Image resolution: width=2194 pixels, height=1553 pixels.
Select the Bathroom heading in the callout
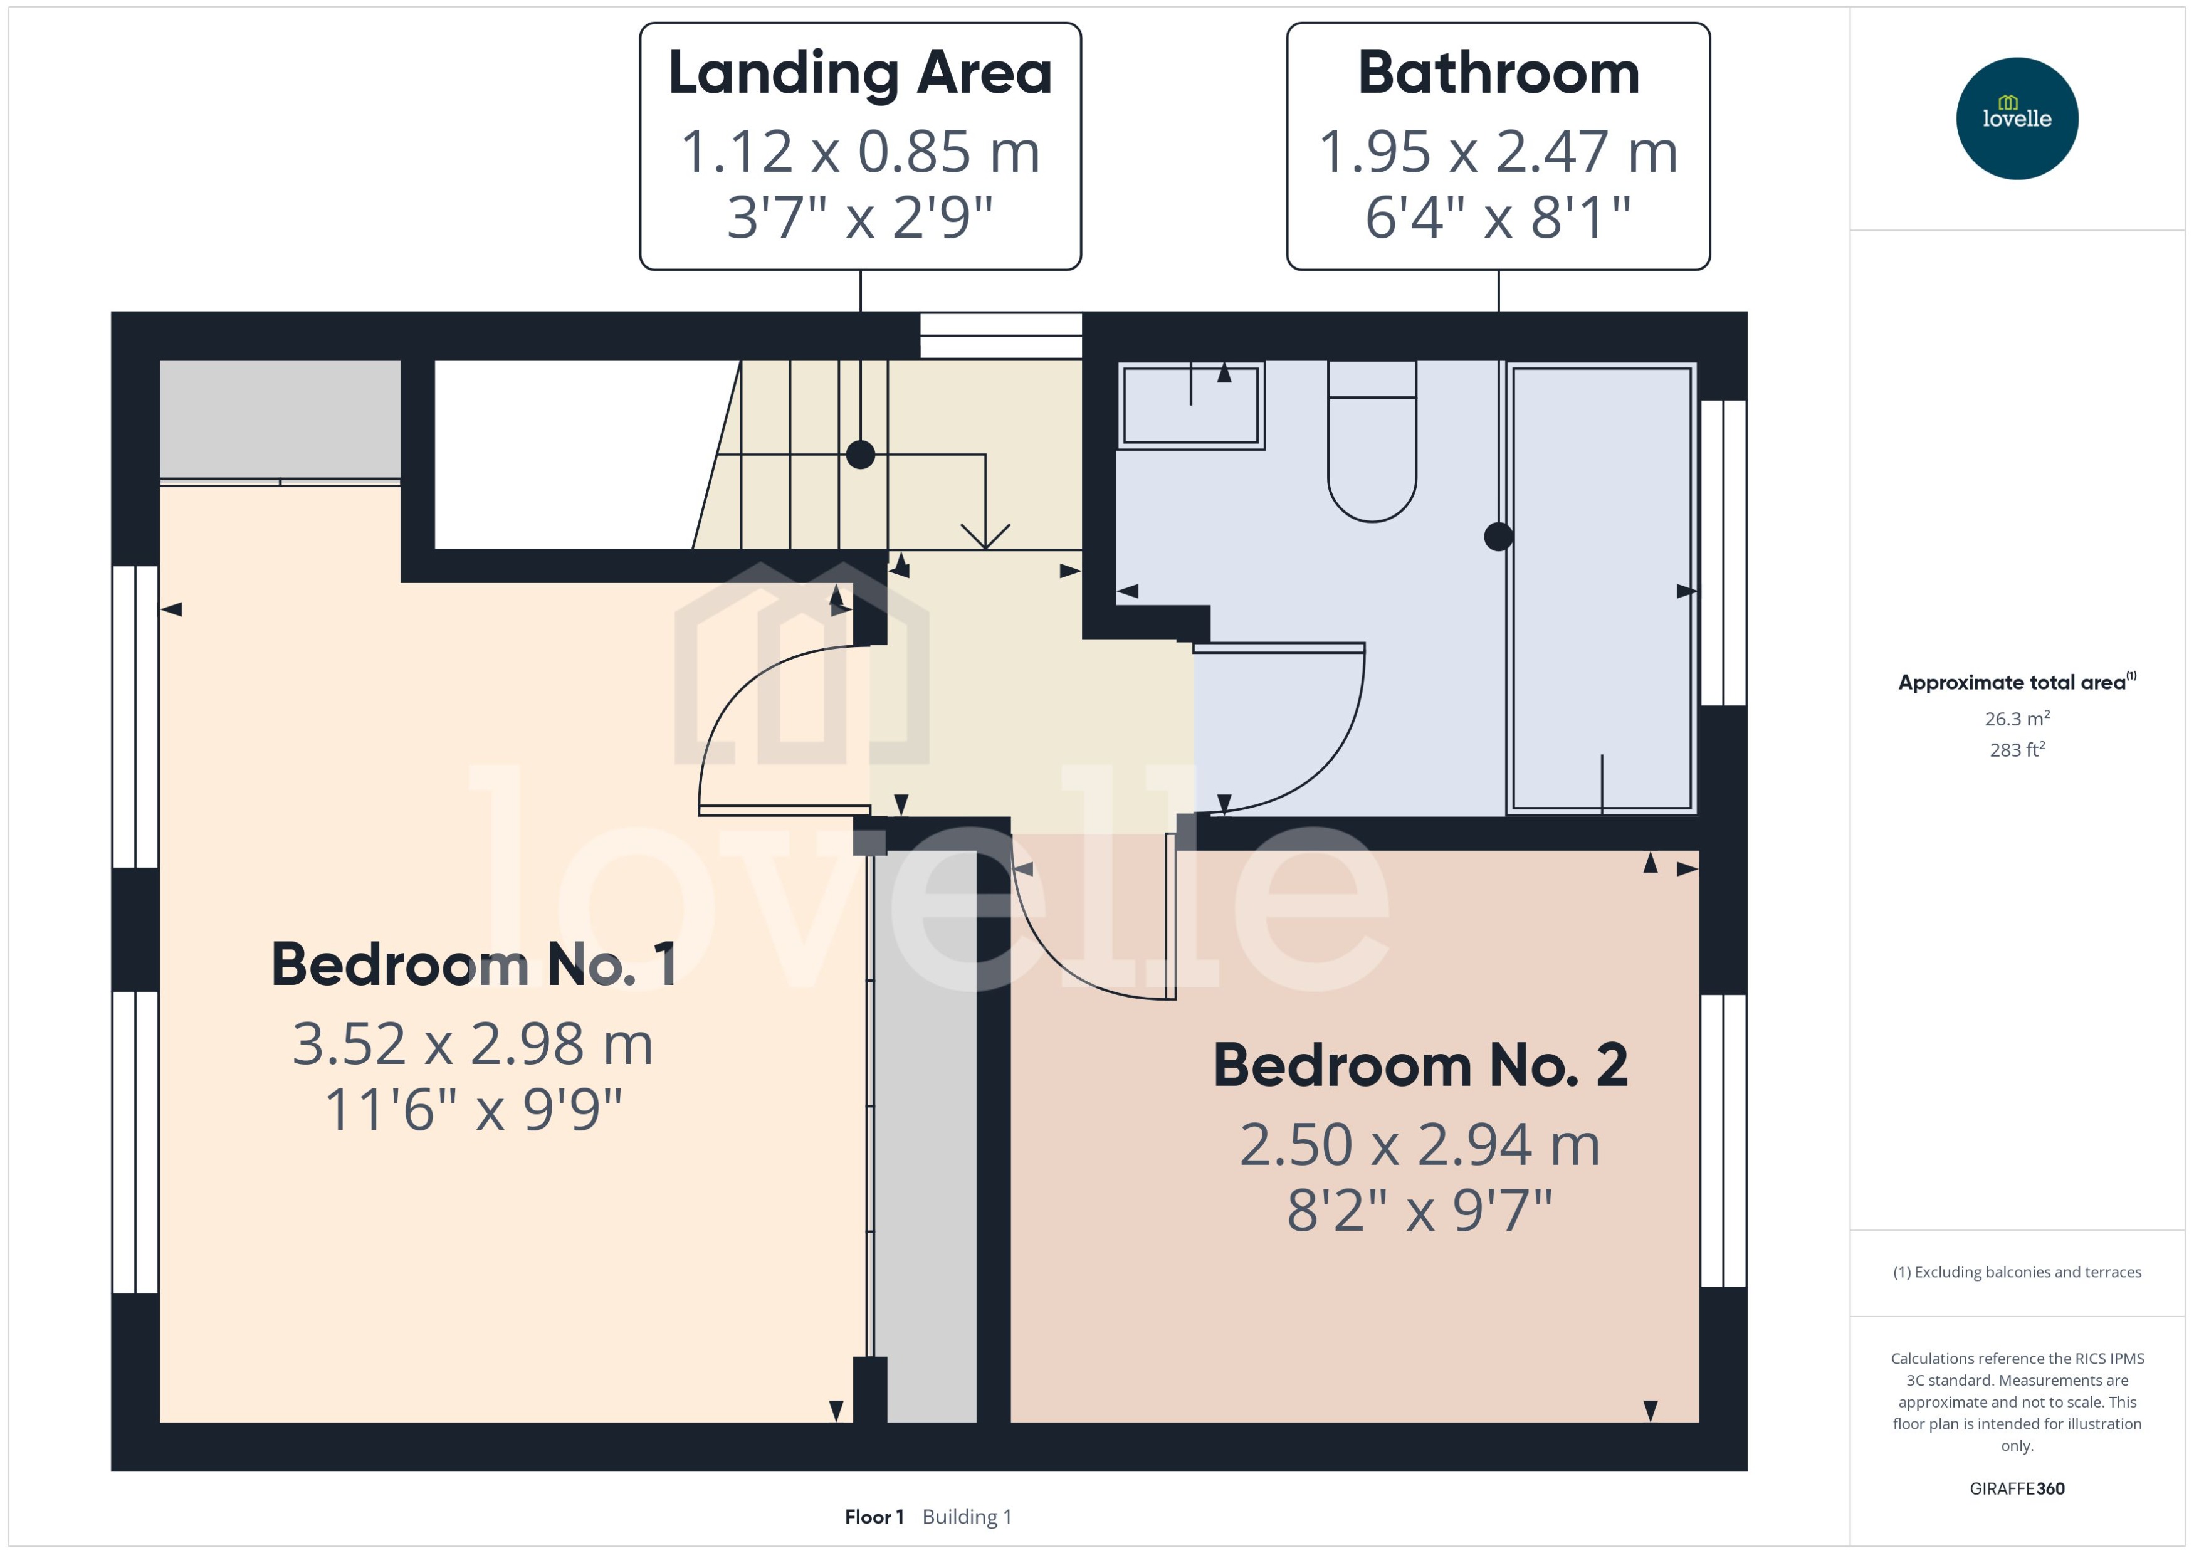pyautogui.click(x=1498, y=73)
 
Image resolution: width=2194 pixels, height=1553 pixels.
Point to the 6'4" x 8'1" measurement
pyautogui.click(x=1498, y=217)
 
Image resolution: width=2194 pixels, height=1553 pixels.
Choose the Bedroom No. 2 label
pyautogui.click(x=1420, y=1065)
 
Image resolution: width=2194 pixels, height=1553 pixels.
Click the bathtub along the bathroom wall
pyautogui.click(x=1601, y=588)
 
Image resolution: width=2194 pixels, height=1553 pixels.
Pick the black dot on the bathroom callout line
pyautogui.click(x=1498, y=537)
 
